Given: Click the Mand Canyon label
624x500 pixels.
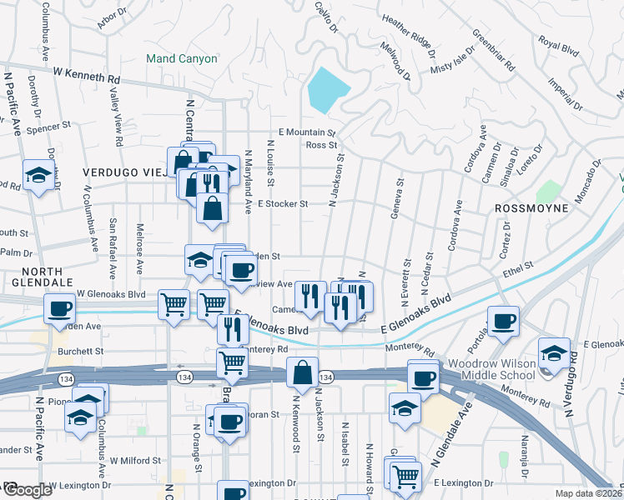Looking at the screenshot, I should (181, 59).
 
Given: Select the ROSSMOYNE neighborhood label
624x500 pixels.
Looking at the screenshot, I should (531, 207).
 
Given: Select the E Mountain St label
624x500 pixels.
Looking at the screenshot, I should (306, 132).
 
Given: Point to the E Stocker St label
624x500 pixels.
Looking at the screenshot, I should (283, 203).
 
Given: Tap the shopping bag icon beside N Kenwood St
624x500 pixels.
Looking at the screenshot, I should (302, 372).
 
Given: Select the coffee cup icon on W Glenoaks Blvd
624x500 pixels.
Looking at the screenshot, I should (60, 308).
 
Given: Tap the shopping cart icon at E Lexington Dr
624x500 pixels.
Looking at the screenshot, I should (405, 477).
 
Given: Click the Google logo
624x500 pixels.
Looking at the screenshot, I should (27, 490).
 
